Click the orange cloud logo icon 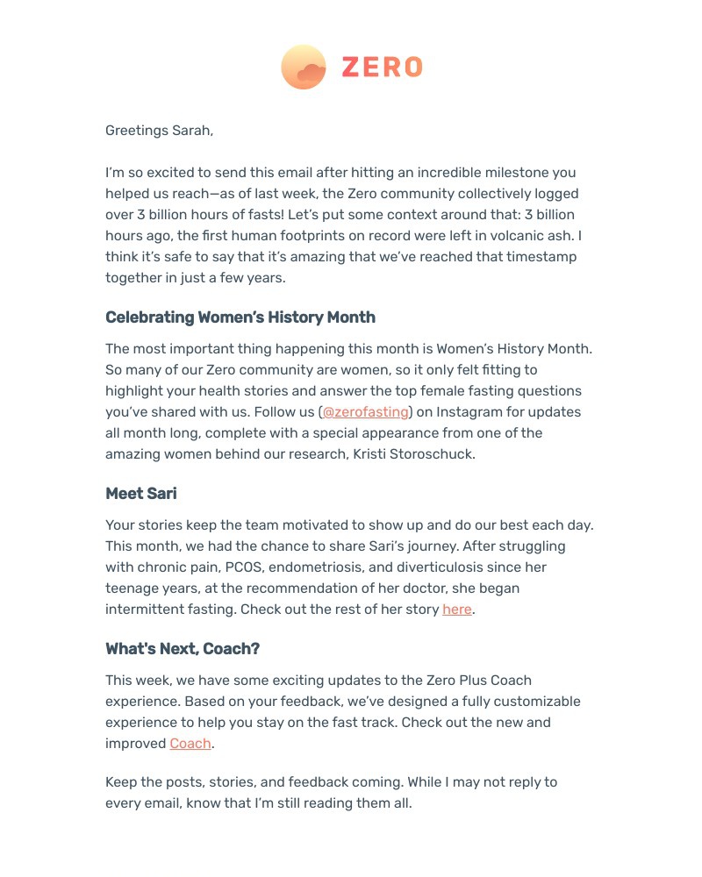[x=304, y=67]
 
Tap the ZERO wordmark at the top [x=382, y=68]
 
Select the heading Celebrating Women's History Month [x=240, y=317]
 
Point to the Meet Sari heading [x=141, y=494]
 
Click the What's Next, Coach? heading [x=183, y=649]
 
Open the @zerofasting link [x=365, y=412]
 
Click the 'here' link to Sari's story [x=457, y=609]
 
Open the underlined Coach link [x=190, y=744]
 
